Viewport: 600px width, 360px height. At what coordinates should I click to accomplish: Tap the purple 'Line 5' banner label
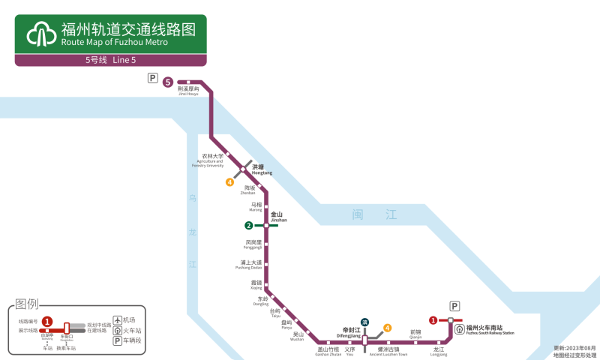pyautogui.click(x=110, y=60)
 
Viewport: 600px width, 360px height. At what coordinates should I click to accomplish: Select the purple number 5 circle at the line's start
pyautogui.click(x=168, y=82)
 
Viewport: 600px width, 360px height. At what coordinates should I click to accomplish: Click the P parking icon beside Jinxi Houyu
pyautogui.click(x=153, y=78)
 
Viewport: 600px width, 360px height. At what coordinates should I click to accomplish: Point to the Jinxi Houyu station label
pyautogui.click(x=188, y=91)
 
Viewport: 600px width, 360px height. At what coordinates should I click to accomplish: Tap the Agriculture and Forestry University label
pyautogui.click(x=211, y=160)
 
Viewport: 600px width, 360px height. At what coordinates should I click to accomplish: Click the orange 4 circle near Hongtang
pyautogui.click(x=230, y=181)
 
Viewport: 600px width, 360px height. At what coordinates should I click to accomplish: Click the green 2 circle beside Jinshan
pyautogui.click(x=248, y=226)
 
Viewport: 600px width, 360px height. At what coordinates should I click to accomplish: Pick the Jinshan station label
pyautogui.click(x=277, y=217)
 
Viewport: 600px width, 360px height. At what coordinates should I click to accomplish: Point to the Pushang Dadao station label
pyautogui.click(x=248, y=265)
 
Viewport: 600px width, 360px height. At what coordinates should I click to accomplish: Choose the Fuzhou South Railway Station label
pyautogui.click(x=490, y=329)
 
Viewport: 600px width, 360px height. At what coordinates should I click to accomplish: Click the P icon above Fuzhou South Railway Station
pyautogui.click(x=454, y=306)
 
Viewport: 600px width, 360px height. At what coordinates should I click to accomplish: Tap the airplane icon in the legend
pyautogui.click(x=117, y=319)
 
